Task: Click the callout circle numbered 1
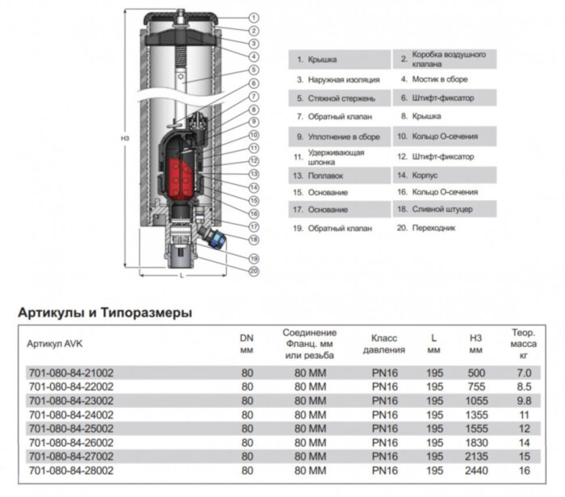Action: pyautogui.click(x=253, y=17)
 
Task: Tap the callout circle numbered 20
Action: pyautogui.click(x=253, y=271)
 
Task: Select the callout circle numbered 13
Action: pyautogui.click(x=253, y=173)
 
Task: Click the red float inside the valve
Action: pyautogui.click(x=182, y=173)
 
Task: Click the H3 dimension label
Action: pyautogui.click(x=125, y=138)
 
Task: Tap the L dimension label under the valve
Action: pyautogui.click(x=182, y=277)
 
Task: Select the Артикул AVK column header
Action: pyautogui.click(x=55, y=343)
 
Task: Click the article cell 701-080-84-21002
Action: pyautogui.click(x=71, y=374)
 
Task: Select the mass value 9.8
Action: pyautogui.click(x=524, y=401)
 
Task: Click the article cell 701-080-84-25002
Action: pyautogui.click(x=71, y=428)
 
